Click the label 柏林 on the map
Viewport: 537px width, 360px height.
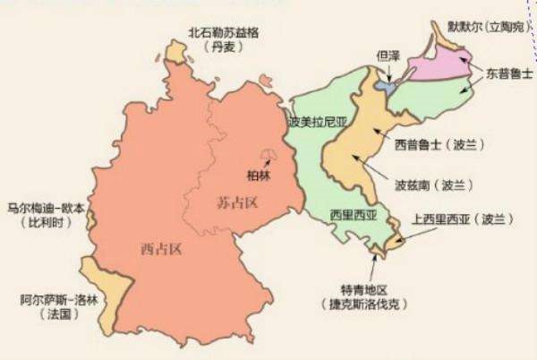[258, 176]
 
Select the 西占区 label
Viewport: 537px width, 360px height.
[162, 248]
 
